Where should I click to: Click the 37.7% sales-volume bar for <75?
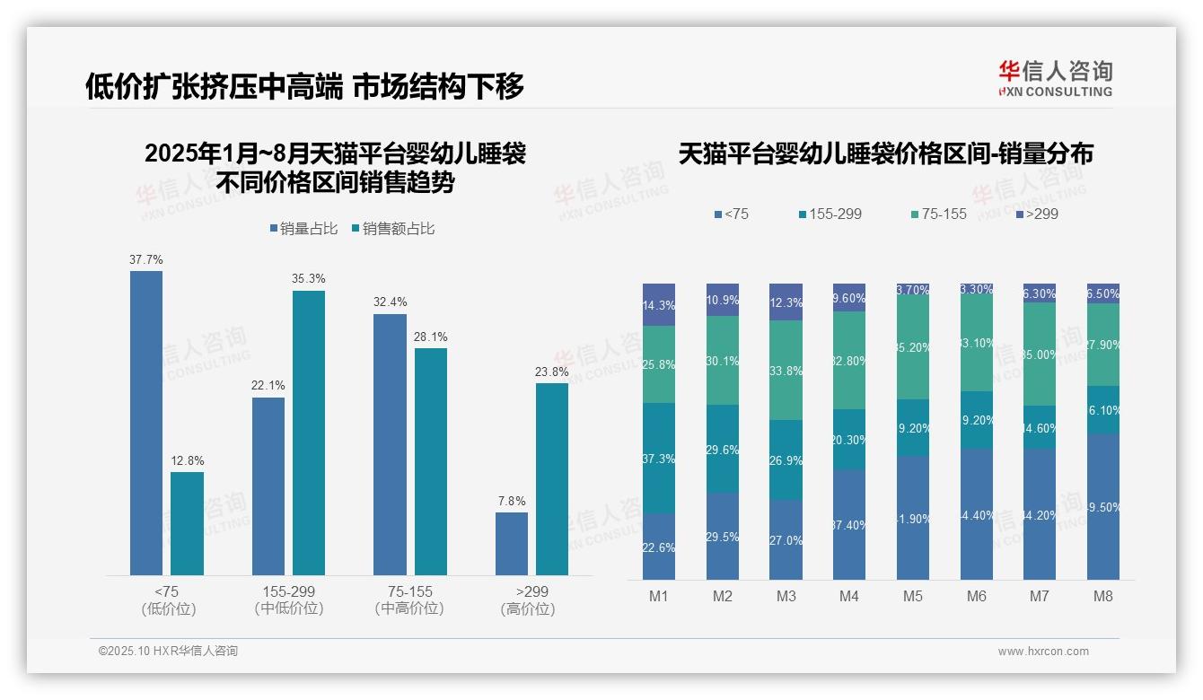(146, 422)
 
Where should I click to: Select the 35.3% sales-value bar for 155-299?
(309, 433)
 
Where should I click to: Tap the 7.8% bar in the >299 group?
(512, 543)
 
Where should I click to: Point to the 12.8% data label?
(188, 461)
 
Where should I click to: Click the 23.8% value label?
(552, 372)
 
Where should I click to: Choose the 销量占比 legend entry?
(303, 229)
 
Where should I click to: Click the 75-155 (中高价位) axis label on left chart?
(409, 599)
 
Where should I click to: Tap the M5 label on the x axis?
(913, 596)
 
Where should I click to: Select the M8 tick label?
(1103, 596)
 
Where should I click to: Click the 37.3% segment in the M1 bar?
(659, 458)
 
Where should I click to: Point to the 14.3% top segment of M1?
(659, 305)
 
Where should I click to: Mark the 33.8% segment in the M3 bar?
(786, 370)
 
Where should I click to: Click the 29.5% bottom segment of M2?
(723, 536)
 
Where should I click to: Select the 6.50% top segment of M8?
(1103, 293)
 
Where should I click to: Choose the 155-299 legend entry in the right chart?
(830, 214)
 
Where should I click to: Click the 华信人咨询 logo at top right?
(1055, 78)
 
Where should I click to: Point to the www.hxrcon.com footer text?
(1043, 652)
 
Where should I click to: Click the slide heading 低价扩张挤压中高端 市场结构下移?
(304, 86)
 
